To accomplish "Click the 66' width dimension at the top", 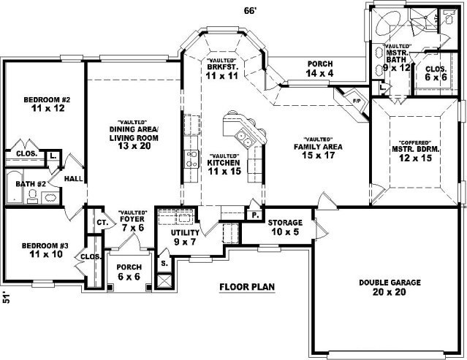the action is (x=250, y=11).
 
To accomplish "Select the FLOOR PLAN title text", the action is (x=247, y=287).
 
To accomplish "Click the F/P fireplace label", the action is (x=357, y=101).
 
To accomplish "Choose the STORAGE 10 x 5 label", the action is (x=285, y=227).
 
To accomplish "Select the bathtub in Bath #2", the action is (x=13, y=187).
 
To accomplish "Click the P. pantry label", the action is (x=255, y=215).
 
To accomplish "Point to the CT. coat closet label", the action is (x=102, y=222).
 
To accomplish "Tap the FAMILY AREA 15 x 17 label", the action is (x=318, y=150).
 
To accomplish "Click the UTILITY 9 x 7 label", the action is (x=185, y=237).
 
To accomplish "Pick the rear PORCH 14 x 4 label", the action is (x=320, y=69).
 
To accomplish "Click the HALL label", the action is (x=73, y=178).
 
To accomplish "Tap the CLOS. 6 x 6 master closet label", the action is (x=436, y=73).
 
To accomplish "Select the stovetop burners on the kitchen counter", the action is (x=191, y=159).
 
